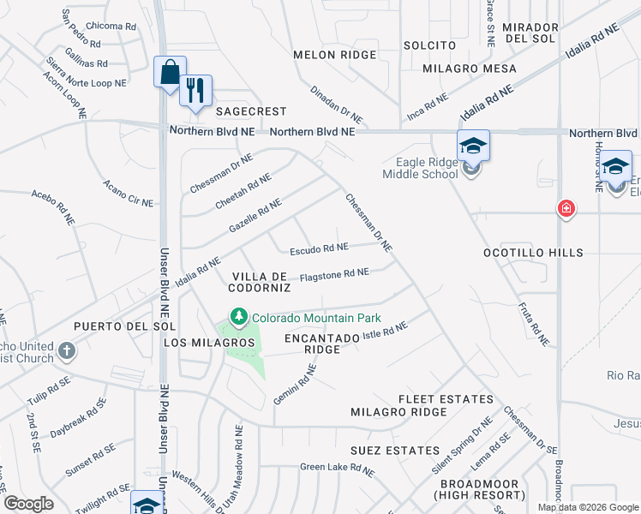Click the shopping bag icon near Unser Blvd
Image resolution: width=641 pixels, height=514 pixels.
point(169,71)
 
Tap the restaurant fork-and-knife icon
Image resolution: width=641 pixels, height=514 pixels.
point(195,90)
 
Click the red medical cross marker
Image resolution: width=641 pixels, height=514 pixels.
point(565,208)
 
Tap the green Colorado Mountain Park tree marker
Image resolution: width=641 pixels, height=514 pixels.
point(238,318)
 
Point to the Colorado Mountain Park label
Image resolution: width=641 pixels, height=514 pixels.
point(310,318)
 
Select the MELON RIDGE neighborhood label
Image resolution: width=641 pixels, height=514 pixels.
point(334,55)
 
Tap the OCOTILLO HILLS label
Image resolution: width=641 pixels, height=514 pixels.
point(533,253)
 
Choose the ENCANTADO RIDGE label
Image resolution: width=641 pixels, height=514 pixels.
point(321,344)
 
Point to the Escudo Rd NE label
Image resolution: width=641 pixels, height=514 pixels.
point(319,249)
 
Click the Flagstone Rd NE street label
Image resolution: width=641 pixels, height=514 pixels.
point(334,274)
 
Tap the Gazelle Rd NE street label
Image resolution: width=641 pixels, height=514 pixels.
point(255,215)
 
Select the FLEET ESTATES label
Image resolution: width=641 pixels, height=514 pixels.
point(446,399)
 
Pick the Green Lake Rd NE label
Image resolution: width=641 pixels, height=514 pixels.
point(337,469)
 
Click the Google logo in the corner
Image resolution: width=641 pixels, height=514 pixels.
point(29,504)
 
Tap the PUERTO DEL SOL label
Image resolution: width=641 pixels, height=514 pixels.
point(124,326)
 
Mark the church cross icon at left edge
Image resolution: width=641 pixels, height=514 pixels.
point(66,350)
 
